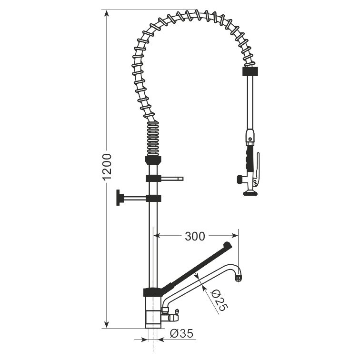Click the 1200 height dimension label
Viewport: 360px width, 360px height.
click(107, 167)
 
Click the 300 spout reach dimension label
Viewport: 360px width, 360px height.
click(195, 236)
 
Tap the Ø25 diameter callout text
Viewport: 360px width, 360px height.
click(219, 300)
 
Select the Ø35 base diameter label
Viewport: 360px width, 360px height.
click(181, 333)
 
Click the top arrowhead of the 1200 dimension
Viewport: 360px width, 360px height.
click(106, 13)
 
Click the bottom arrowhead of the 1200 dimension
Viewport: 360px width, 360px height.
click(106, 325)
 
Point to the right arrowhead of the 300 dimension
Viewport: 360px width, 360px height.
click(235, 236)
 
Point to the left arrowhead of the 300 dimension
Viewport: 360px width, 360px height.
click(157, 236)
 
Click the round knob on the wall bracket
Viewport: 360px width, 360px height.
click(120, 198)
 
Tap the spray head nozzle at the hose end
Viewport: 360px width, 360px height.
click(250, 193)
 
